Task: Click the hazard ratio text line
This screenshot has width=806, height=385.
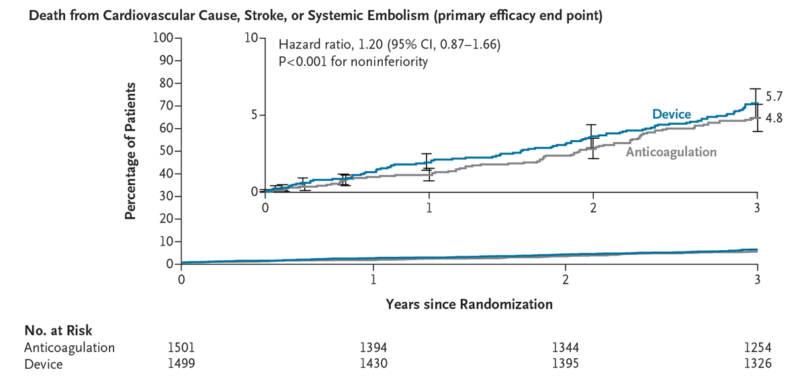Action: (389, 46)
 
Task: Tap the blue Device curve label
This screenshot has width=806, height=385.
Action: (672, 115)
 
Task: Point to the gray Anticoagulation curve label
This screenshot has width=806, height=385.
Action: (671, 152)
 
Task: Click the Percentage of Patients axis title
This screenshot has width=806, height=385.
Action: (132, 151)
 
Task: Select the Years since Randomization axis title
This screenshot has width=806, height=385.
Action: (469, 304)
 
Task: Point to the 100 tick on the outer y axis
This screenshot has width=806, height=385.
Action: (162, 38)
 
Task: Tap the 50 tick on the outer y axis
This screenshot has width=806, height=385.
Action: (165, 151)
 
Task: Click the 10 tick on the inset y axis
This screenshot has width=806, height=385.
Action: (252, 38)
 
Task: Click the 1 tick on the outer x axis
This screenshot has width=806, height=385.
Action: (373, 279)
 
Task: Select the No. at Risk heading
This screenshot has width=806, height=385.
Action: (58, 330)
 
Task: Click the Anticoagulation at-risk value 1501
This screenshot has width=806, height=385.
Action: (181, 347)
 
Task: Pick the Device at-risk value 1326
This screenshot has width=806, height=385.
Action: (758, 364)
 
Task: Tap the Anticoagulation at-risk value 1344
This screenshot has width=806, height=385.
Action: (566, 347)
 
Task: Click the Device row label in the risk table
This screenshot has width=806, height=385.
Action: (43, 364)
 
